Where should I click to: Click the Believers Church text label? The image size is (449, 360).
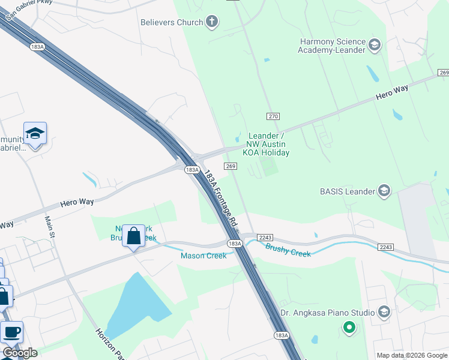coord(172,22)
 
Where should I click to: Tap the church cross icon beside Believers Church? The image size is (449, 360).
coord(211,23)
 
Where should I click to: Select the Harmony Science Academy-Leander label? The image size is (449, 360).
coord(331,46)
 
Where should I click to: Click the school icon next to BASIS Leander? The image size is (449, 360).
coord(384,191)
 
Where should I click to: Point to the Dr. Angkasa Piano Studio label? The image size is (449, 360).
coord(328,313)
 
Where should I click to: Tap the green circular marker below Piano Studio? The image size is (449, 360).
coord(349,328)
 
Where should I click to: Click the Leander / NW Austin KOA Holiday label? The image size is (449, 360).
coord(266,144)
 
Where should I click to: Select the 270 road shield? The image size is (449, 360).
coord(273,115)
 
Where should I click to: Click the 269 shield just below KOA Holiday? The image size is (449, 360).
coord(229,166)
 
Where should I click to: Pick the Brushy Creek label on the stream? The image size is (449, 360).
coord(288,250)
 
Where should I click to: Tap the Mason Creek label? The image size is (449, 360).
coord(203,256)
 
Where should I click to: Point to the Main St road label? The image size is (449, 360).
coord(49,227)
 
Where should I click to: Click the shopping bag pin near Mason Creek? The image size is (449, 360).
coord(133,236)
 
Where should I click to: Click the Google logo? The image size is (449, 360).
coord(20,353)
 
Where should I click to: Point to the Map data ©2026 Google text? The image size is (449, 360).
coord(411,355)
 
